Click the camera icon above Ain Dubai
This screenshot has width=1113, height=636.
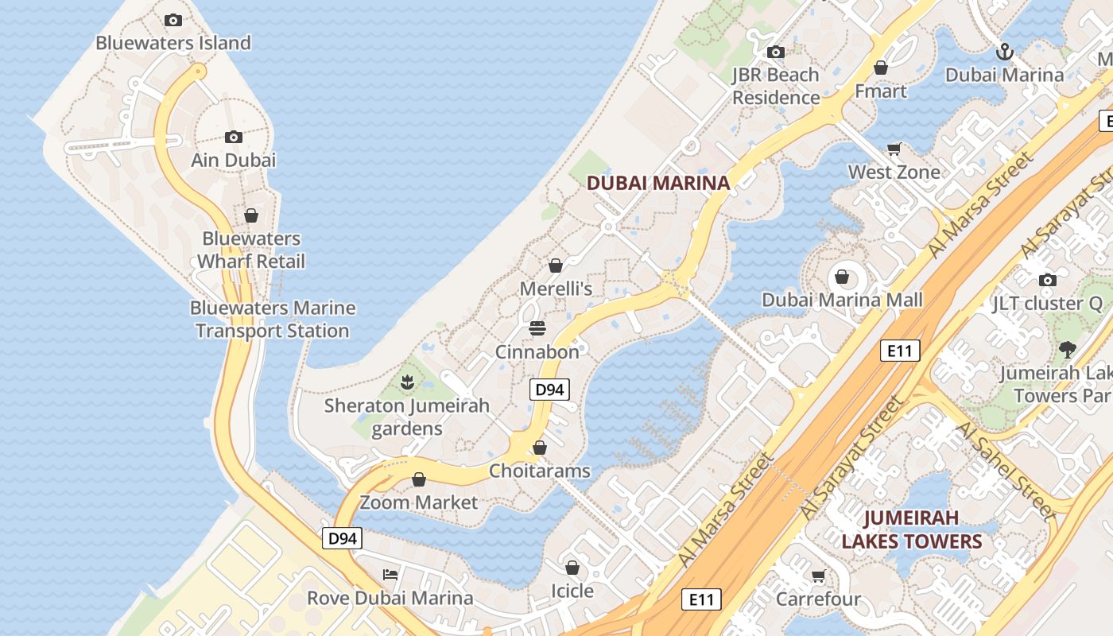233,137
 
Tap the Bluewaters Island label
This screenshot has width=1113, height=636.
173,43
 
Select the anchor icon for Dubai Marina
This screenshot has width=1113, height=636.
1005,52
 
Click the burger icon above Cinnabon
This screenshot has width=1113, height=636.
537,328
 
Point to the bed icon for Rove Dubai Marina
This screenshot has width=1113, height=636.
390,575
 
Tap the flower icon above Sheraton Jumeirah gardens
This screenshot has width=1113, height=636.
408,382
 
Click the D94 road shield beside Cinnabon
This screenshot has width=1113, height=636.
550,390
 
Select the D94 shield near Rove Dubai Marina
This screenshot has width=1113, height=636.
343,538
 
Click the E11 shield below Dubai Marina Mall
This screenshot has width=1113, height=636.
900,351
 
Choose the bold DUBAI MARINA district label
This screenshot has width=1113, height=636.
657,183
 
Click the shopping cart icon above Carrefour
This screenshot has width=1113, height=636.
818,576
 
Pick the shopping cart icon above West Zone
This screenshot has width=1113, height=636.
894,149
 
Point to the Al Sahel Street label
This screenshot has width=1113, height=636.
1006,471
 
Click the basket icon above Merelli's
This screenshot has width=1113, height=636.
556,266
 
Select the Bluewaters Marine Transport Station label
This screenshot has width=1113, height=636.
273,320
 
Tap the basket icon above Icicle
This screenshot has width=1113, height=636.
572,568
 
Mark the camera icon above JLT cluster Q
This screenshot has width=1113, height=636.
1048,280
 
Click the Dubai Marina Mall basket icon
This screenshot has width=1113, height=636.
842,277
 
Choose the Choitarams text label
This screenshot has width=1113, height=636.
540,471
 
